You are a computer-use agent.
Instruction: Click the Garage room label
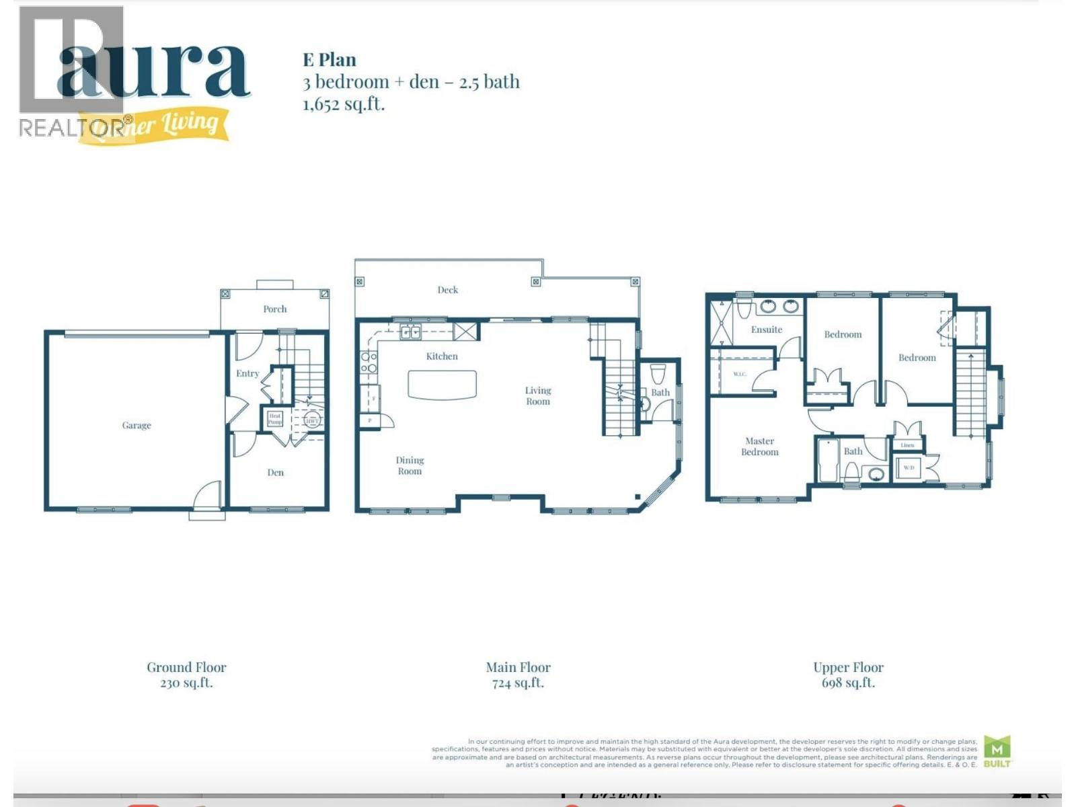(137, 425)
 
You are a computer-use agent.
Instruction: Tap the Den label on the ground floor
(275, 472)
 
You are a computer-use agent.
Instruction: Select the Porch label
(274, 309)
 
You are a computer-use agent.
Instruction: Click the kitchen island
(442, 385)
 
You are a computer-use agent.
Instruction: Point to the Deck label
(447, 290)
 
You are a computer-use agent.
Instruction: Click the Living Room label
(538, 395)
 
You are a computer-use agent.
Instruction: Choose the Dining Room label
(410, 465)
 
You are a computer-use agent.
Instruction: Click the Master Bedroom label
(760, 447)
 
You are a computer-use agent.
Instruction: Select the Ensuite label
(767, 330)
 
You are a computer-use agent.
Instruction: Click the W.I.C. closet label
(740, 374)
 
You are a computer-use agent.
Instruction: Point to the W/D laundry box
(909, 467)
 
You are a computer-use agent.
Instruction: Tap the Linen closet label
(907, 445)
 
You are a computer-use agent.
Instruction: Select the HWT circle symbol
(312, 421)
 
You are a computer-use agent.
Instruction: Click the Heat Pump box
(275, 419)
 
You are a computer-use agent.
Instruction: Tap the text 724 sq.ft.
(518, 683)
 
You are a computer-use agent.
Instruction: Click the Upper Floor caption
(848, 667)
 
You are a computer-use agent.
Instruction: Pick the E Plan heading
(330, 60)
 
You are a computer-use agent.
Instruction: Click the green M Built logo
(997, 751)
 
